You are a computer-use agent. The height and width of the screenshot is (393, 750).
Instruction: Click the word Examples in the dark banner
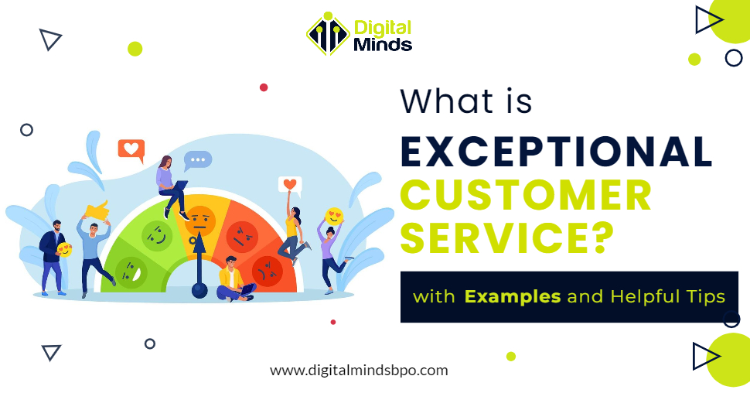[x=513, y=296]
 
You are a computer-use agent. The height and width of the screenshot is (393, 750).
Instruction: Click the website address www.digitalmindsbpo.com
[x=359, y=370]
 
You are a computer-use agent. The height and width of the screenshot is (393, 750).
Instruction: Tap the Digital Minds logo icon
[x=328, y=34]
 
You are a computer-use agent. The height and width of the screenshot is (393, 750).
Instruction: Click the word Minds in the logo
[x=382, y=44]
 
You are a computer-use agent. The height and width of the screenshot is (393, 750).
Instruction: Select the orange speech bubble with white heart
[x=131, y=149]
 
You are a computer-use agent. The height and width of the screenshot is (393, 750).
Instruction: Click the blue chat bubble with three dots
[x=198, y=160]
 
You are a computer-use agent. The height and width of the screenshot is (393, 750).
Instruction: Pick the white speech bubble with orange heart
[x=290, y=185]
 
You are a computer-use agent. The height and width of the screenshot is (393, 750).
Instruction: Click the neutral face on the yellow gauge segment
[x=199, y=220]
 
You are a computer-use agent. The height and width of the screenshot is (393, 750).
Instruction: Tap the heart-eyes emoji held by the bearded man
[x=66, y=250]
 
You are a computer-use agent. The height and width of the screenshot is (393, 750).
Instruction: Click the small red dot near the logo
[x=264, y=87]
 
